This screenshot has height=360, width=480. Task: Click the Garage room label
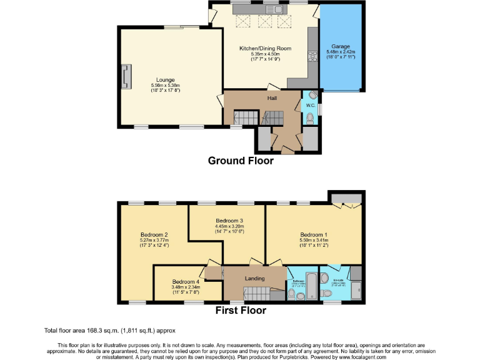(340, 46)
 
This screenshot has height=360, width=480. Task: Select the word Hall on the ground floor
(272, 98)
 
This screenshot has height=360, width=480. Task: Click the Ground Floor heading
(241, 161)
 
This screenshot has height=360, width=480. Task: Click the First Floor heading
(241, 310)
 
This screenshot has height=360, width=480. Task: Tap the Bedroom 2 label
(154, 235)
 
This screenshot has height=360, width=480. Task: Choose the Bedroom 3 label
(229, 221)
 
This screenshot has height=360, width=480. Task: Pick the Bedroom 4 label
(186, 282)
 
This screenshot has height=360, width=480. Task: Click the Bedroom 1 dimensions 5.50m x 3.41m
(314, 240)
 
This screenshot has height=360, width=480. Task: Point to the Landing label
(254, 278)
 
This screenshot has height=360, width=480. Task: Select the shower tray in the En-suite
(356, 289)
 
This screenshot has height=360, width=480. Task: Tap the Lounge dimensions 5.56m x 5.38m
(166, 86)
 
